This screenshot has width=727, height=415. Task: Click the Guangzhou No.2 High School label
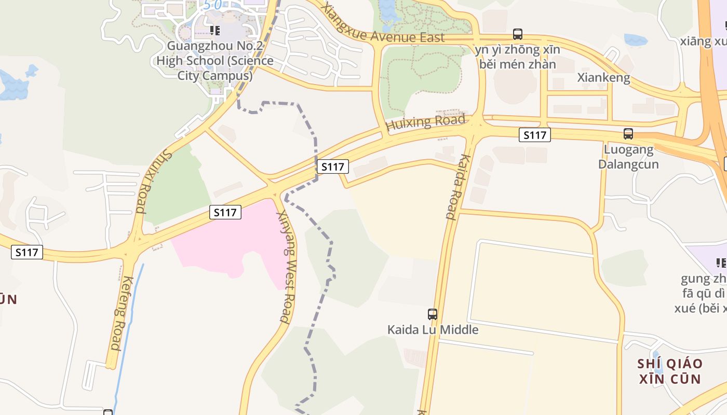215,61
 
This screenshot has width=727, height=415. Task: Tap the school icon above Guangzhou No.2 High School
215,31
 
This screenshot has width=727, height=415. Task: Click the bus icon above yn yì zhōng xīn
518,34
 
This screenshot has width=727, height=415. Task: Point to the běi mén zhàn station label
518,64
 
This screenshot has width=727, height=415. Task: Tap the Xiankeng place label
604,78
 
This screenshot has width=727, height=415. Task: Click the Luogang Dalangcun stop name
628,157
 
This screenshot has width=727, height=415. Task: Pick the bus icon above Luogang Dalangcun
628,134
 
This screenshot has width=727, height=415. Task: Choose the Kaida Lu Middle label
433,329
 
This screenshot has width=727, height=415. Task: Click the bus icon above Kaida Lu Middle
433,314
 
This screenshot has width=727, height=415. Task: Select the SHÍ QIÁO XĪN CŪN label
670,371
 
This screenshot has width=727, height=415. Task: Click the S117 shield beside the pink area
226,212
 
